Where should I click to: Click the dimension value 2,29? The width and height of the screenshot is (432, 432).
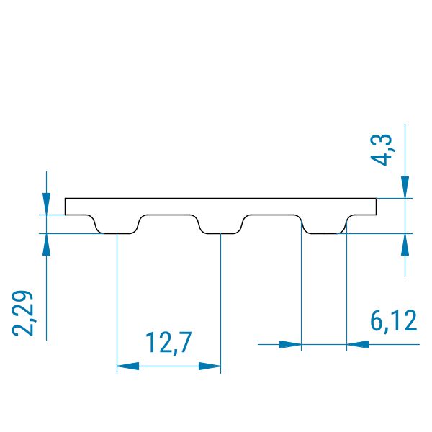point(22,313)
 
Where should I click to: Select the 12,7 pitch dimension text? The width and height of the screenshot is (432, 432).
point(168,343)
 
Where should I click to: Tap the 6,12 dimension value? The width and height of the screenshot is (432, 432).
point(393,320)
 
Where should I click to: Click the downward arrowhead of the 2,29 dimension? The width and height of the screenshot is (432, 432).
point(46,204)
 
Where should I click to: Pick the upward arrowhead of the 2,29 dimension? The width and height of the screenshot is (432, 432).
point(46,244)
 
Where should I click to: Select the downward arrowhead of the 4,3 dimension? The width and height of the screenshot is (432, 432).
point(405,187)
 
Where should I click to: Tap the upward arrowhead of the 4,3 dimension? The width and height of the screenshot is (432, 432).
point(405,244)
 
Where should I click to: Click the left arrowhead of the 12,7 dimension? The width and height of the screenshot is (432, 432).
point(128,366)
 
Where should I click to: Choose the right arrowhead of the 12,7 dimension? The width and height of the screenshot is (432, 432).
point(210,366)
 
